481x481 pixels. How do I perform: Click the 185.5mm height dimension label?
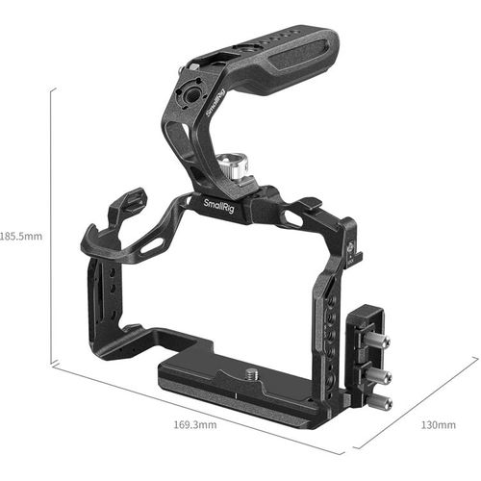pyautogui.click(x=20, y=234)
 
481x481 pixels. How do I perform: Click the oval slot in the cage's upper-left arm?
pyautogui.click(x=151, y=247)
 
